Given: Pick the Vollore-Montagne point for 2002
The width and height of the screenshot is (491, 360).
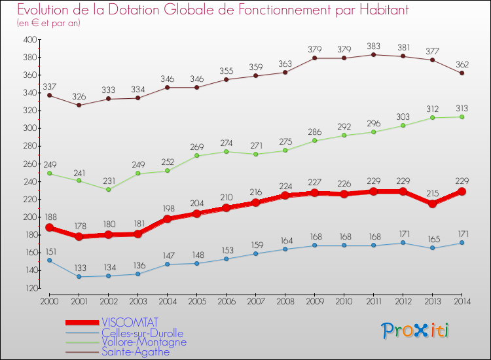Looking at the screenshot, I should [x=108, y=189].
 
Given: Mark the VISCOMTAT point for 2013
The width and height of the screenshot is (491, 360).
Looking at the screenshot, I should [x=432, y=204].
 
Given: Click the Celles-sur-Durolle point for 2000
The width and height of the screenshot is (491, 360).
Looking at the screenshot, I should [x=49, y=260].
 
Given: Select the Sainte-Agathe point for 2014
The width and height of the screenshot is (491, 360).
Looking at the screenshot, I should [x=462, y=73].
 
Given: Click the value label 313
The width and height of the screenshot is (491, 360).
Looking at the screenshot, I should [x=462, y=109].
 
